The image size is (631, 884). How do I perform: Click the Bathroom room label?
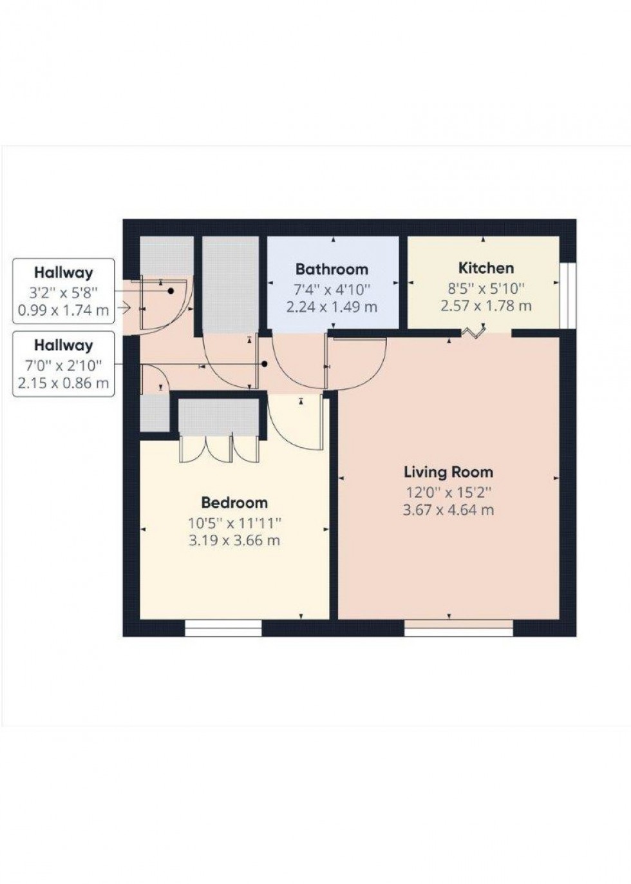[x=332, y=269]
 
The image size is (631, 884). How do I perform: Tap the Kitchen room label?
[x=485, y=268]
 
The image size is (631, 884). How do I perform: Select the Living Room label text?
[x=448, y=472]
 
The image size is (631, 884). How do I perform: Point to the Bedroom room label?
[x=234, y=503]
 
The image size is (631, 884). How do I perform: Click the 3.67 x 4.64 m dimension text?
[x=448, y=510]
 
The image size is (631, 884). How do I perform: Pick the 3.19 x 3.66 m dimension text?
[x=234, y=541]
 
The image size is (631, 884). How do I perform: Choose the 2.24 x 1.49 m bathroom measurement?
[x=332, y=307]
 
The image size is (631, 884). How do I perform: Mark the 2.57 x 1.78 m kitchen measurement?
[x=485, y=305]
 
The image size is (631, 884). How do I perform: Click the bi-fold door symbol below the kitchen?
[x=474, y=332]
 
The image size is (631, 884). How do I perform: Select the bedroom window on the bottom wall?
[x=223, y=628]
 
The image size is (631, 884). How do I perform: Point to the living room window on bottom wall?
[x=458, y=628]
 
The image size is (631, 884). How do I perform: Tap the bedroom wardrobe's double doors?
[x=218, y=448]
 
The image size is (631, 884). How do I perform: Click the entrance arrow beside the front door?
[x=124, y=308]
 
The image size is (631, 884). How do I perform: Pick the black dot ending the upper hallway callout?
[x=171, y=291]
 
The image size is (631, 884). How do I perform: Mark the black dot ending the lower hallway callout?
[x=265, y=364]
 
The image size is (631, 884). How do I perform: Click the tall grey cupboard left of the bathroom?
[x=231, y=285]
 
